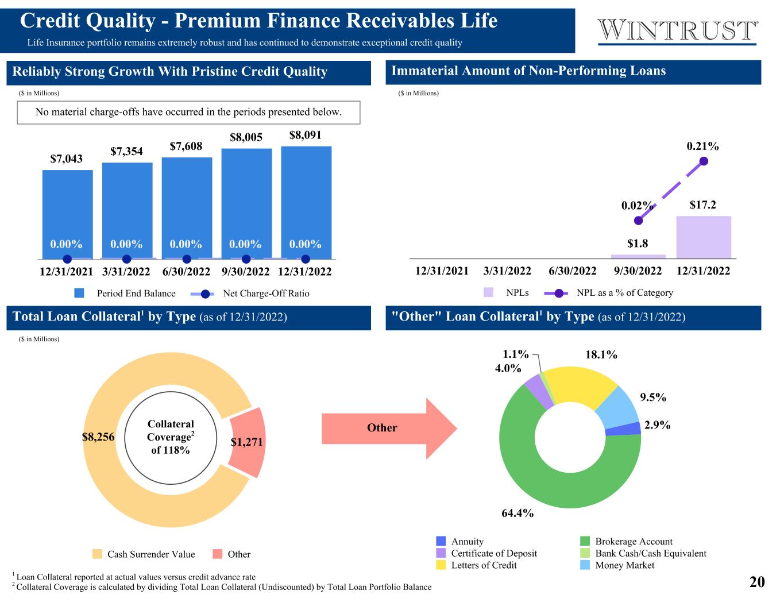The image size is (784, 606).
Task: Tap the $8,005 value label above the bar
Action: click(x=246, y=137)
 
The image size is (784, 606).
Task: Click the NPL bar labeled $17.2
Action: click(x=703, y=237)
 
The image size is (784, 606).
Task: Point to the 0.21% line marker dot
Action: click(x=704, y=161)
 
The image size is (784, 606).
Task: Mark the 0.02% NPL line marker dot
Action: click(x=638, y=221)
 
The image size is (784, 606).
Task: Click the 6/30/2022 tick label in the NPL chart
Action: click(x=572, y=271)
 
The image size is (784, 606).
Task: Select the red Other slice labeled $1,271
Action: click(x=248, y=442)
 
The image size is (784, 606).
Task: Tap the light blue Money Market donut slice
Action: click(x=618, y=406)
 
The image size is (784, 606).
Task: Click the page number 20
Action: click(x=756, y=582)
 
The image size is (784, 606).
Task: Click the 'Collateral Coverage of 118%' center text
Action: click(x=171, y=437)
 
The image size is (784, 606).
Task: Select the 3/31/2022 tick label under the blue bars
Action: click(x=126, y=271)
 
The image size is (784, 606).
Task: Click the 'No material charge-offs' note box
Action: click(x=188, y=113)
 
